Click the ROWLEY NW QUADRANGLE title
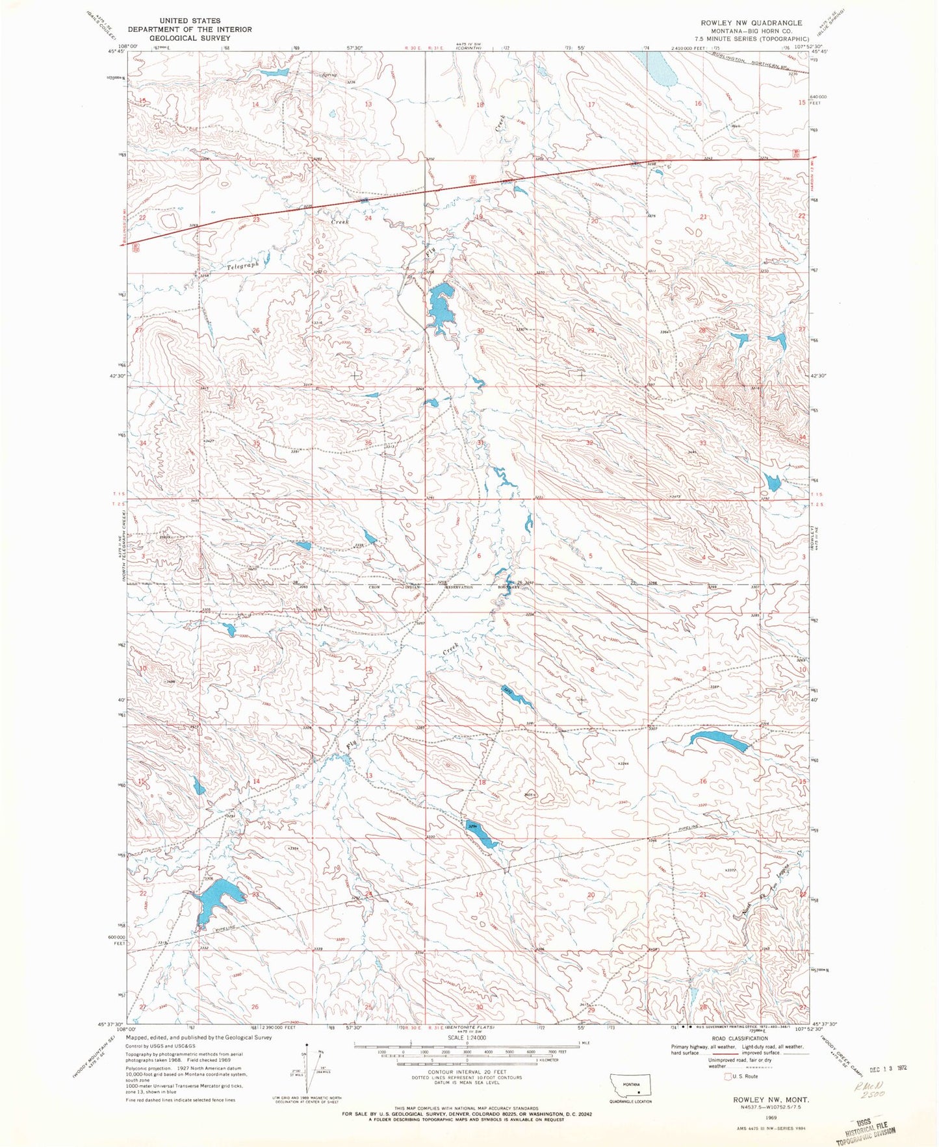[x=750, y=22]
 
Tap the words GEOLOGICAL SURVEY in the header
[x=189, y=38]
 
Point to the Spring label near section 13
[x=329, y=75]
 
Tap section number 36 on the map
[x=368, y=443]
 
